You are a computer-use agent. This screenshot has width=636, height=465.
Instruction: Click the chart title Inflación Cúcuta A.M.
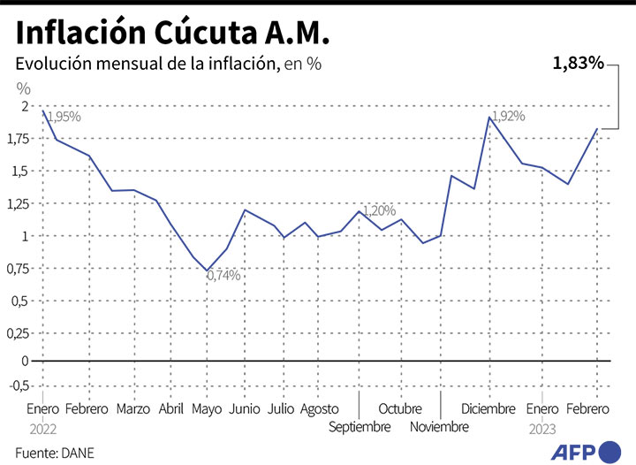tap(172, 33)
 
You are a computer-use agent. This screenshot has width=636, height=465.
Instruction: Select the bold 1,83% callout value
tap(579, 63)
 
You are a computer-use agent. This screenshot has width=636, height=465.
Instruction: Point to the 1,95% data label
tap(64, 117)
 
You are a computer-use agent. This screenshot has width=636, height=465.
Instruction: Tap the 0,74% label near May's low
tap(223, 276)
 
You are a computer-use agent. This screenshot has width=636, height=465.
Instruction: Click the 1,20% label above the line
tap(379, 210)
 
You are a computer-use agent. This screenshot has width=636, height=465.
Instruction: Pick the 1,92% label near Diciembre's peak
tap(508, 116)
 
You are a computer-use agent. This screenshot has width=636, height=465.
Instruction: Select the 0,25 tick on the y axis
tap(19, 334)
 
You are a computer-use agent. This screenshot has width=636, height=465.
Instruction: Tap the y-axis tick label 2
tap(25, 106)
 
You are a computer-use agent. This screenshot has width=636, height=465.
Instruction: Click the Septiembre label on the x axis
tap(360, 427)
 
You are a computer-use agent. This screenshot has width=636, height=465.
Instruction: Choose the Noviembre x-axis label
tap(440, 427)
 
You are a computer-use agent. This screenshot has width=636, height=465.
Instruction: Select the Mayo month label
tap(207, 409)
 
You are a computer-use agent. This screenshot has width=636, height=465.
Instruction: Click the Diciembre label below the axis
tap(488, 409)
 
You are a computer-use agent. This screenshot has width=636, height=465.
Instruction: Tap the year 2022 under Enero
tap(42, 428)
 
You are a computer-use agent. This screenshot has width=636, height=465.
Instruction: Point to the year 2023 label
tap(543, 428)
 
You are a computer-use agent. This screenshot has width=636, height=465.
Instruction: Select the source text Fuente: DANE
tap(55, 453)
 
